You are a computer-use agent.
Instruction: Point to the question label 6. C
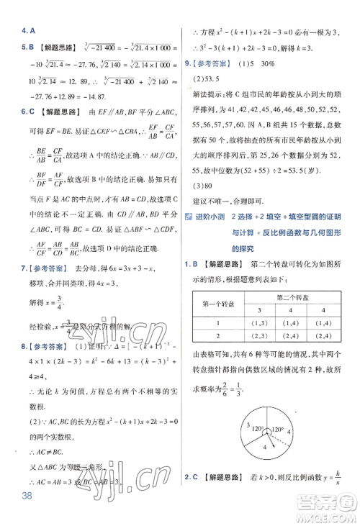[28, 111]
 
